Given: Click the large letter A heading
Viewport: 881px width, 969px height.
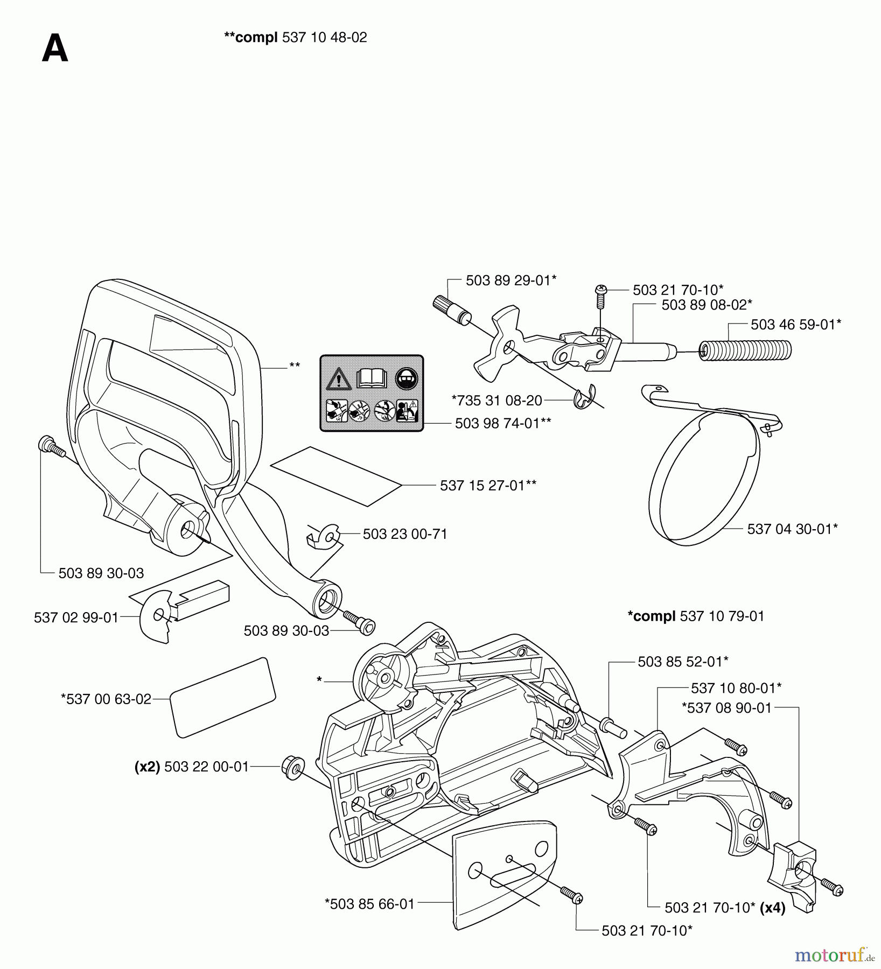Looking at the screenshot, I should coord(55,49).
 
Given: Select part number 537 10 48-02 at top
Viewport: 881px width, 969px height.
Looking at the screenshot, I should coord(324,38).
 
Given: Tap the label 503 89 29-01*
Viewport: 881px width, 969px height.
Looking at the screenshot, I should coord(511,280).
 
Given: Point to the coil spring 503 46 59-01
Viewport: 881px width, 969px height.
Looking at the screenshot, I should coord(746,351).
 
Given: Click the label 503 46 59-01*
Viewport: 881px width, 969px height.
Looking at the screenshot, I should coord(795,325).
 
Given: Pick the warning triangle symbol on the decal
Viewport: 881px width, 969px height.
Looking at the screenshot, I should coord(339,379).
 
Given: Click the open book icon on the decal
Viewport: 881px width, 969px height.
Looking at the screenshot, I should coord(372,378).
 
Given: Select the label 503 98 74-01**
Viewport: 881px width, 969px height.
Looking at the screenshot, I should coord(502,424).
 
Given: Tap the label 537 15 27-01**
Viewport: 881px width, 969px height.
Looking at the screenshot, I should coord(488,486).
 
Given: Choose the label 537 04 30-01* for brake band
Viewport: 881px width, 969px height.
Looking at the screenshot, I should coord(792,529).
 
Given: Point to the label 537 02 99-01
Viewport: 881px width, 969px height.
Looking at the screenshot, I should coord(76,617).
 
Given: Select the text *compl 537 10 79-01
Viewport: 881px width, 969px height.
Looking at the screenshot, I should coord(696,616).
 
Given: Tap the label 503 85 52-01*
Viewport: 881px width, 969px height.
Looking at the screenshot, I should coord(683,662).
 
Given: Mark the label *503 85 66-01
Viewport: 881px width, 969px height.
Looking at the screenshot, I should coord(369,904).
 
